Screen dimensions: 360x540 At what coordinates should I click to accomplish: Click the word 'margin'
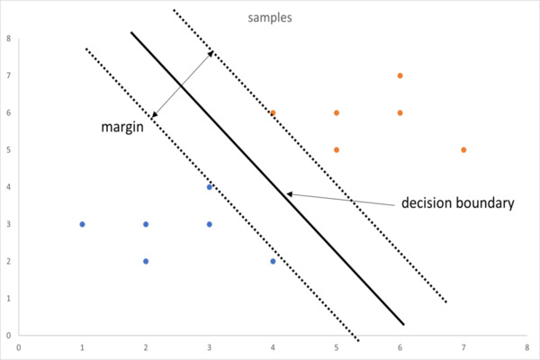123,128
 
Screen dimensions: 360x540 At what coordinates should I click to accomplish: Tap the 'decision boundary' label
458,203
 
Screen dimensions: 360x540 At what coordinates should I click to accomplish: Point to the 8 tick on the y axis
7,39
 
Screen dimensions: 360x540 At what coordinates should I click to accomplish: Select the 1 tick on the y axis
7,299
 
